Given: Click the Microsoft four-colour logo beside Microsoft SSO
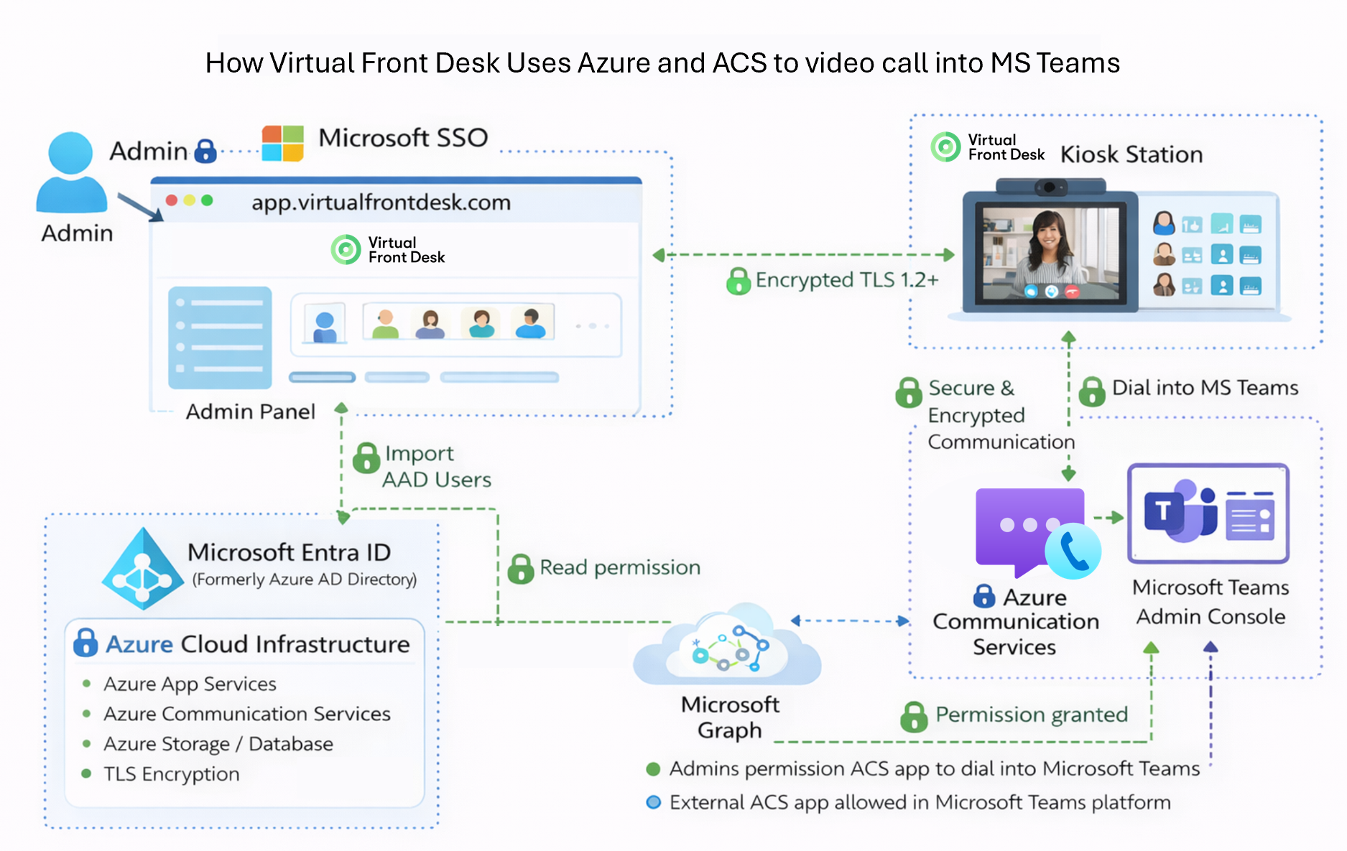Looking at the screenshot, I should point(282,143).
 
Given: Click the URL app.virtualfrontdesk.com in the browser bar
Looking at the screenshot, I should point(381,203).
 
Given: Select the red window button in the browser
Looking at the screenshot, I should point(172,200).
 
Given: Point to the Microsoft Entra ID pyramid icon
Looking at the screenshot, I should point(142,569).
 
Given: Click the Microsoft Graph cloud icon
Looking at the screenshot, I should point(727,647).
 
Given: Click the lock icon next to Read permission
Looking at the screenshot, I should point(520,569).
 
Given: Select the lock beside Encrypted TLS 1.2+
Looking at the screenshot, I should point(739,281).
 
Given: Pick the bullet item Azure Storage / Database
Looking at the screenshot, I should point(218,744).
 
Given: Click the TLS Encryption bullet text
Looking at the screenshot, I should point(172,774).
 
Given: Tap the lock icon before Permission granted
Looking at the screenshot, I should point(914,716).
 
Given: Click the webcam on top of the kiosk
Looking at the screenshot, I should point(1050,187).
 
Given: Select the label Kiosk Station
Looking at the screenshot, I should point(1131,154).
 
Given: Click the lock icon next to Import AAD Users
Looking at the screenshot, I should point(366,457).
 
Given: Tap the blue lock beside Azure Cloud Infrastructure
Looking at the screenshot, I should point(85,643).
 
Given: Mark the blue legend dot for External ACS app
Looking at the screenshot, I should point(654,802).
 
